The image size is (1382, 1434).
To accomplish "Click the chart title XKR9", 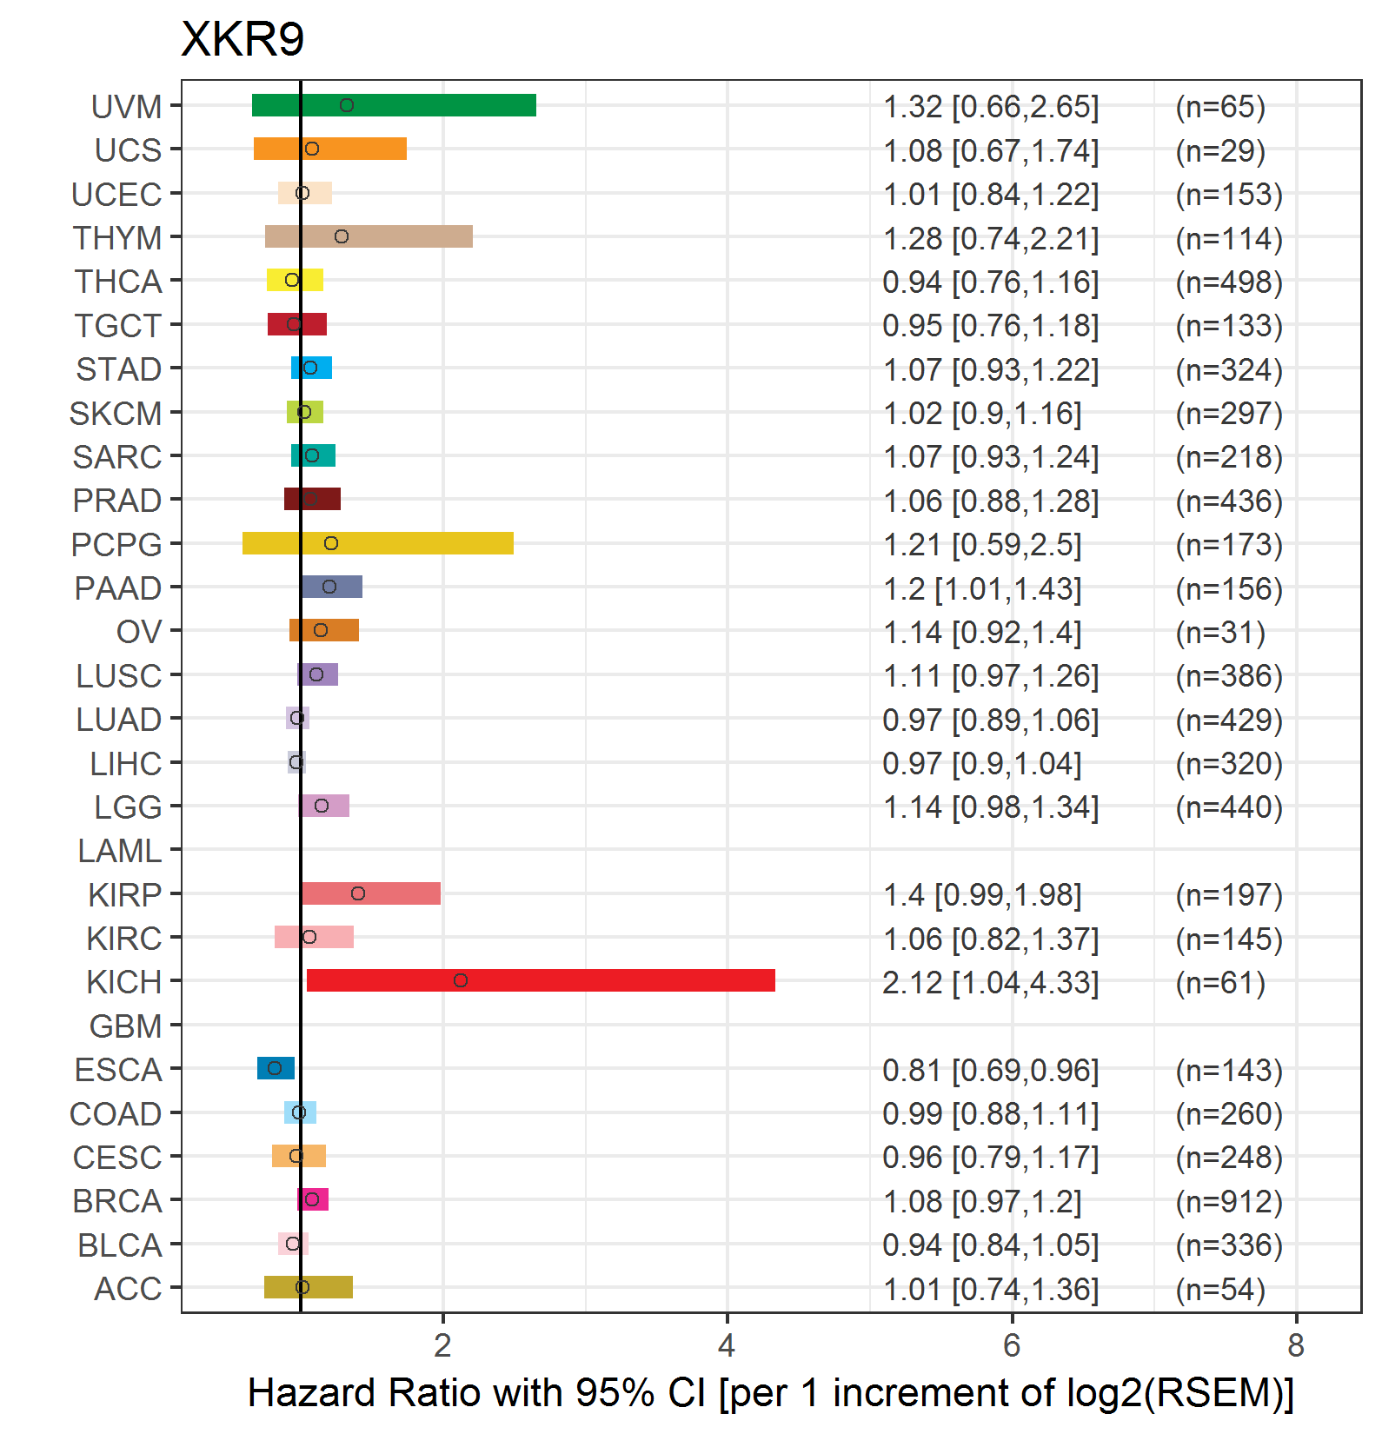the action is (x=243, y=39).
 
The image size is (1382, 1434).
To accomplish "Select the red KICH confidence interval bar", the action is (x=541, y=980).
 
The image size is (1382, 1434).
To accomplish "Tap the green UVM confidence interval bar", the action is (x=394, y=105).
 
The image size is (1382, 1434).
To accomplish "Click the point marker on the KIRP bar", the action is (x=358, y=893).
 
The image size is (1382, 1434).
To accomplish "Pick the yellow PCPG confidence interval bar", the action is (x=378, y=543).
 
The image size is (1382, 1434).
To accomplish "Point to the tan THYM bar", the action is (x=369, y=236).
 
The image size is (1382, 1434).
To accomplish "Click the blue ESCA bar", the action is (x=276, y=1068).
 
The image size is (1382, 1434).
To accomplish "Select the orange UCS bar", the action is (x=330, y=149).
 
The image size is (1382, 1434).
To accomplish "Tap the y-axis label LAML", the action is (x=120, y=851).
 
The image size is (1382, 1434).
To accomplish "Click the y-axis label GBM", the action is (x=126, y=1026).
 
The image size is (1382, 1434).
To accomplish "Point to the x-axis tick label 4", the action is (x=727, y=1345).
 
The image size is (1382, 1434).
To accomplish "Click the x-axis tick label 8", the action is (x=1296, y=1345).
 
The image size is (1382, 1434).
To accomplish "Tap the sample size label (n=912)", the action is (x=1229, y=1201).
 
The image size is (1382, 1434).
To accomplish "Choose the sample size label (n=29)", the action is (x=1220, y=150).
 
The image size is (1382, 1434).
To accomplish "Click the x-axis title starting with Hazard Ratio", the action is (x=771, y=1393).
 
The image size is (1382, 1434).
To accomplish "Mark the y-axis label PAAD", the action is (x=118, y=588).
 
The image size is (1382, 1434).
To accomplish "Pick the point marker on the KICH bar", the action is (x=461, y=980).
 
